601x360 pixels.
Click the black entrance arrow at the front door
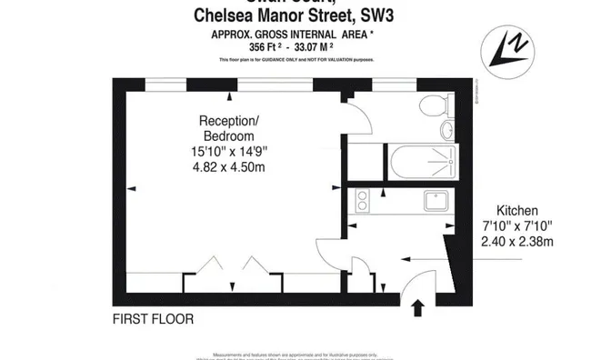click(417, 308)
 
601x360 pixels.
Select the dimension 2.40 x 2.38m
click(516, 241)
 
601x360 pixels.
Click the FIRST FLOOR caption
click(153, 319)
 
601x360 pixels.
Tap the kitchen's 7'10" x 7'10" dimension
click(516, 225)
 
